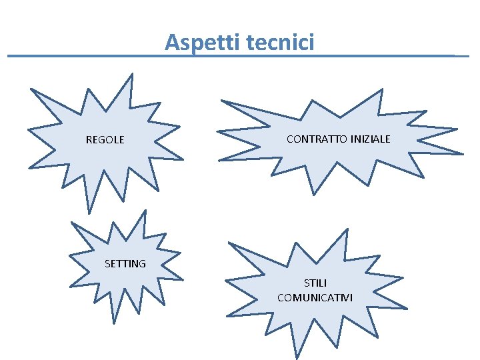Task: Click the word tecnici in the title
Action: click(x=279, y=43)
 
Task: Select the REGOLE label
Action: click(x=105, y=140)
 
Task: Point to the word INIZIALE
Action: click(x=370, y=139)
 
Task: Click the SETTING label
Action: click(x=125, y=264)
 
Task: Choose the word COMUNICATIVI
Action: click(x=315, y=297)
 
